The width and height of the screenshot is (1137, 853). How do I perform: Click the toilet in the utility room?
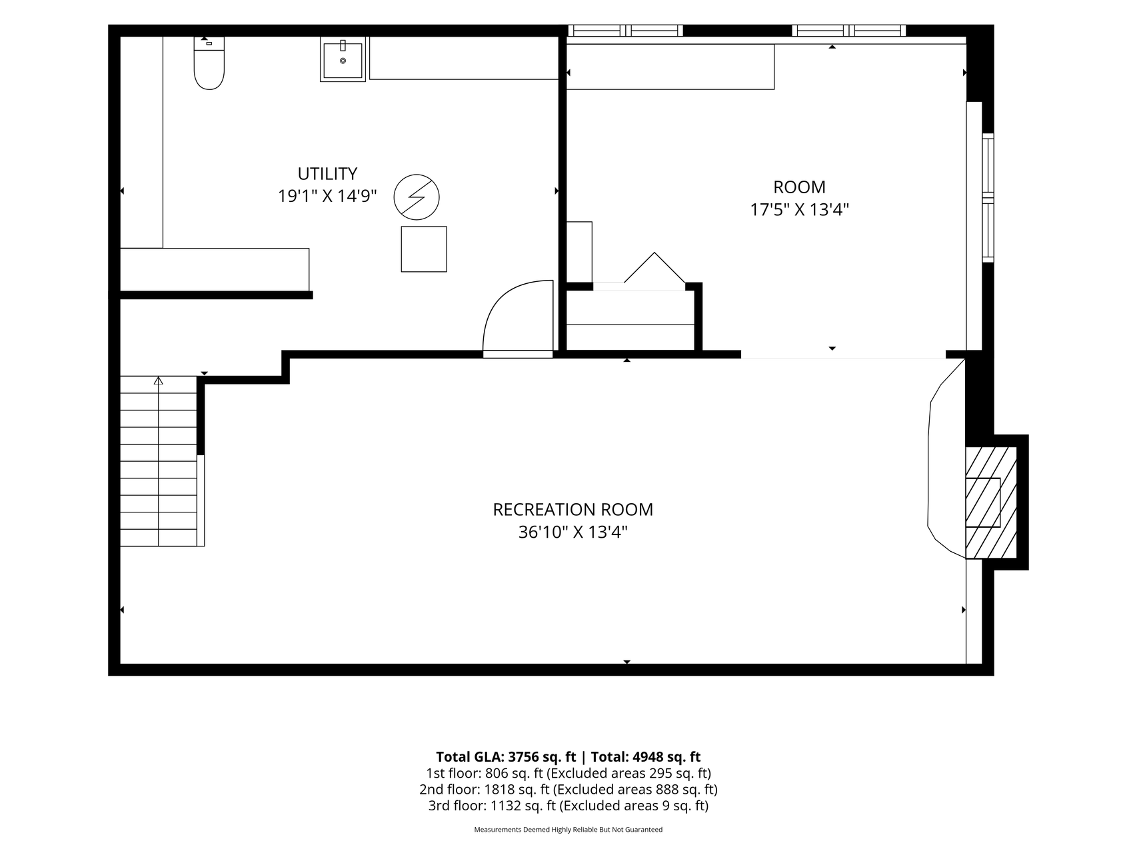pos(209,63)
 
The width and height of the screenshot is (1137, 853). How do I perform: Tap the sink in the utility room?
pos(343,60)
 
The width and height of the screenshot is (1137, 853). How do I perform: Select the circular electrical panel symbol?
pos(417,197)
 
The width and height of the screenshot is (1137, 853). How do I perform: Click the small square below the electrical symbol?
pos(424,249)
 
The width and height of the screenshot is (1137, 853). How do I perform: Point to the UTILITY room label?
pos(327,174)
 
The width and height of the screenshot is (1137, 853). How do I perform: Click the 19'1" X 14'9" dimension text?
pos(327,197)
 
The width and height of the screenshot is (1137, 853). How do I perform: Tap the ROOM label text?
pos(799,187)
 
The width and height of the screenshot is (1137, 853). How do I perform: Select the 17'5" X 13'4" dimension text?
pos(799,210)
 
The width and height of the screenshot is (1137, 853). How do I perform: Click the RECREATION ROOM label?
pos(572,510)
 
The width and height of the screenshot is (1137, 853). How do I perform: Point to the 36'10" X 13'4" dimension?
pos(572,532)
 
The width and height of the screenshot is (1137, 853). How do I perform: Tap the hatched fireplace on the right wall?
pos(991,502)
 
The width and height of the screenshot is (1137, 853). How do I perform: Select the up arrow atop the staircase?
pos(159,381)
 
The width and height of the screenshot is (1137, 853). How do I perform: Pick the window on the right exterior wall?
pos(988,198)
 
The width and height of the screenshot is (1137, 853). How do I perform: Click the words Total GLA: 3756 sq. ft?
pos(506,757)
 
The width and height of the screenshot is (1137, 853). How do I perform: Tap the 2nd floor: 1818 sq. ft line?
pos(568,790)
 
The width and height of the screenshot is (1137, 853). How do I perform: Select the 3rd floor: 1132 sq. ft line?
pos(568,806)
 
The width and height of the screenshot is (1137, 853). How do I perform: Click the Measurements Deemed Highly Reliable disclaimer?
pos(568,830)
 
